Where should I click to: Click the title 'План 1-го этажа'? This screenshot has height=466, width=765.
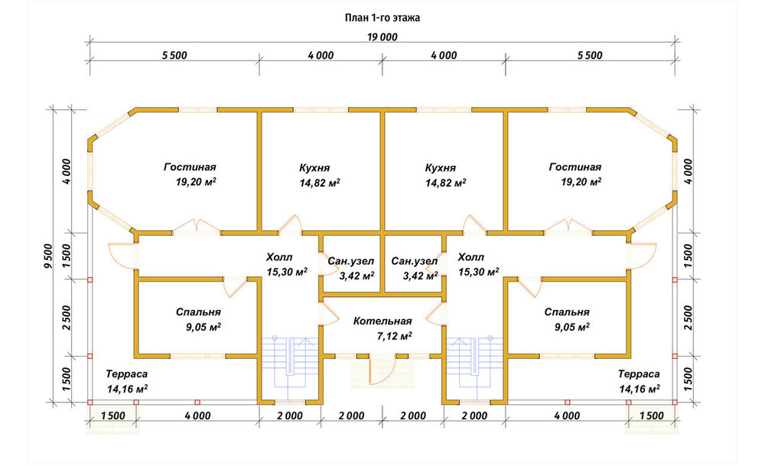382,18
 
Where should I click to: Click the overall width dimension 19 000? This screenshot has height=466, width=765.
382,37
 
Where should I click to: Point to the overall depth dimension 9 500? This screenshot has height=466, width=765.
47,256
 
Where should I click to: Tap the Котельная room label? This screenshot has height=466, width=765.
382,321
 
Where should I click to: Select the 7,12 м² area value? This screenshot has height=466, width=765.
394,336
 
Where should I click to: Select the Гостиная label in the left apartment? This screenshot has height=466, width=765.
190,168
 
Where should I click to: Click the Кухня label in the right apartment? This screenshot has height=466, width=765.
440,168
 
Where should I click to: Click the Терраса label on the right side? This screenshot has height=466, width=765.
639,374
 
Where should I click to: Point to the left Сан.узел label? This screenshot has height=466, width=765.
351,261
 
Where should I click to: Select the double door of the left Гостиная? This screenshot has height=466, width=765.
197,227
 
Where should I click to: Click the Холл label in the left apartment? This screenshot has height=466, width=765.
279,257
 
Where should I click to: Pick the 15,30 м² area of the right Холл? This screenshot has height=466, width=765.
479,272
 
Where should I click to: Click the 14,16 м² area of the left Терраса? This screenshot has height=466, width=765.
127,389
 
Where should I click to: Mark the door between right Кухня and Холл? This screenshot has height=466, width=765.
474,225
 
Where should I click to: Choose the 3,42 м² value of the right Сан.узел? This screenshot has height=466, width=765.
419,276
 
